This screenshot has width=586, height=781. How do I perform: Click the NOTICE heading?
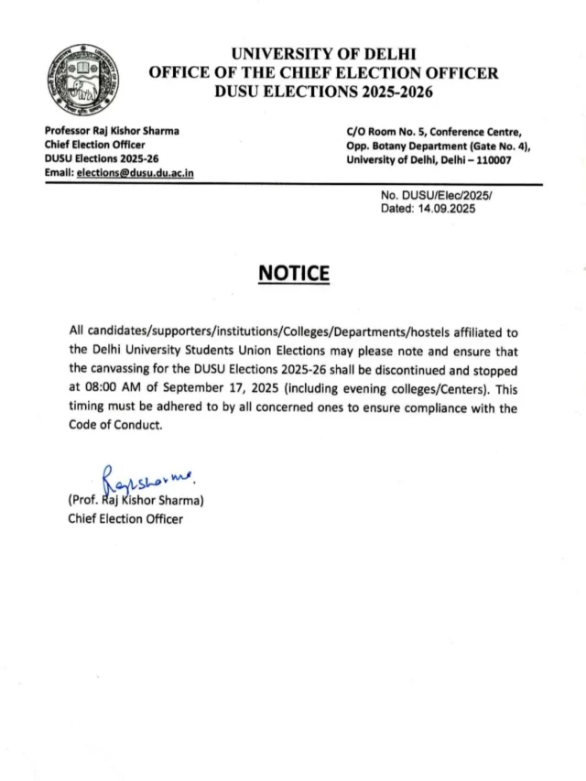293,274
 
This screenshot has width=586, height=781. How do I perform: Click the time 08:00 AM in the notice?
116,388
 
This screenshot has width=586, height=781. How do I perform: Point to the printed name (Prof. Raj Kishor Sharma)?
136,501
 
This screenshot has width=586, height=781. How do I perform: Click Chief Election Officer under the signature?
125,519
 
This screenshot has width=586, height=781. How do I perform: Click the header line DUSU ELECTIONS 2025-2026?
323,92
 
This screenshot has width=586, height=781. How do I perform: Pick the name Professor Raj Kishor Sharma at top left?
112,131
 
